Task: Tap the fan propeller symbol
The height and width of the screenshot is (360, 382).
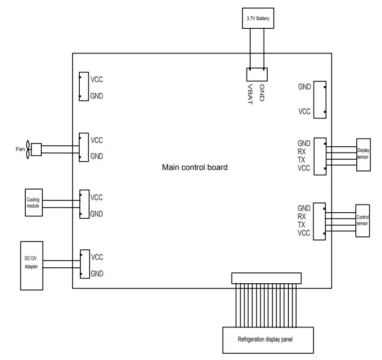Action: (29, 150)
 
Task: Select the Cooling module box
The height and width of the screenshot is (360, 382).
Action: (33, 202)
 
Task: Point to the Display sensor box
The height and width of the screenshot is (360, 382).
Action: (363, 153)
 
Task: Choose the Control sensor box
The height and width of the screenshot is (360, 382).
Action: (363, 220)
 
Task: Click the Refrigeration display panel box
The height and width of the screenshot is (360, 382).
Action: (267, 339)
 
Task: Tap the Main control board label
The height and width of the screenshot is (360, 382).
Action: (195, 167)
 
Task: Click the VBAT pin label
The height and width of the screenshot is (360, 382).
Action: (250, 93)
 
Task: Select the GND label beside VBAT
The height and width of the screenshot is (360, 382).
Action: (262, 92)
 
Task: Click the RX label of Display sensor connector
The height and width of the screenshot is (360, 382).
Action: (302, 152)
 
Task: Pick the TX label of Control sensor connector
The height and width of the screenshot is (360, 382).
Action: (302, 225)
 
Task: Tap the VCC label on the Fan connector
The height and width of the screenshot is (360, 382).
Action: (97, 140)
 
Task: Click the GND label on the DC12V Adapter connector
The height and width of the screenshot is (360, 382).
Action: (97, 273)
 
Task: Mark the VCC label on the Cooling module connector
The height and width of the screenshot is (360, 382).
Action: (97, 197)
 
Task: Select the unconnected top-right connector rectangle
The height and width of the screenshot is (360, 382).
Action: (320, 98)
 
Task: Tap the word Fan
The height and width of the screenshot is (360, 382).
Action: (20, 149)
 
